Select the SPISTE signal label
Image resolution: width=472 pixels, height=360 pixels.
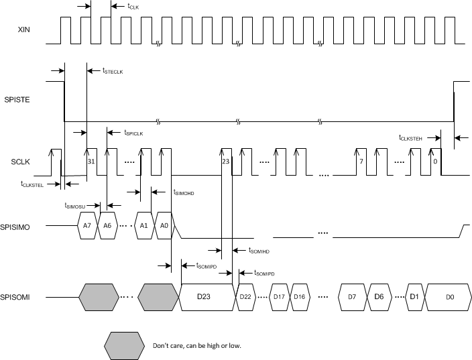click(x=25, y=101)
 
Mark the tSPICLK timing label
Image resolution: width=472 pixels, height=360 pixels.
click(x=134, y=133)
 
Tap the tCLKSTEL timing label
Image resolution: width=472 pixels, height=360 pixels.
click(x=32, y=184)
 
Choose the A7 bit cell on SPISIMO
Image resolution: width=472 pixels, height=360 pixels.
click(x=87, y=226)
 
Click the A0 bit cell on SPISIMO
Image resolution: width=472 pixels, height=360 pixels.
click(x=163, y=226)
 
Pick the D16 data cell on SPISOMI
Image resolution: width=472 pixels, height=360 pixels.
click(x=299, y=296)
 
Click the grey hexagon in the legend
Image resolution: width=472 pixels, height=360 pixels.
click(x=125, y=345)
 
